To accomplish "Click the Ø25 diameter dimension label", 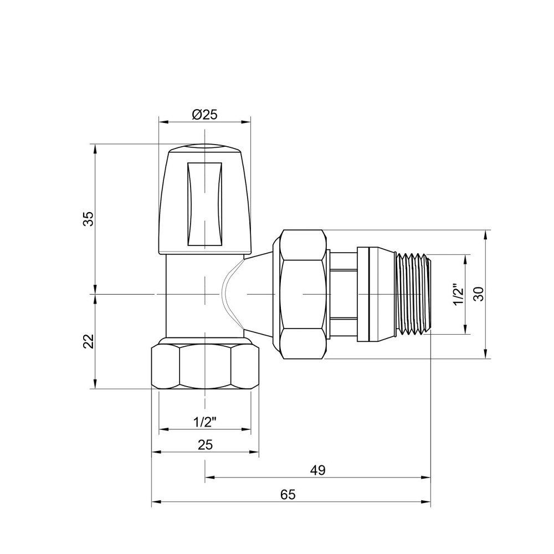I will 204,115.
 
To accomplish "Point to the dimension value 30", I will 479,294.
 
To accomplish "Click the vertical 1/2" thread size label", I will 458,295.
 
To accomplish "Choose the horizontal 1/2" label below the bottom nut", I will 204,422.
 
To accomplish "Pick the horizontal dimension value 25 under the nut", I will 205,444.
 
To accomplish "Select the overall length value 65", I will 288,495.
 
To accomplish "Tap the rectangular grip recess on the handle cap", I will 204,204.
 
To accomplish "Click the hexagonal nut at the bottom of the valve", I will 205,366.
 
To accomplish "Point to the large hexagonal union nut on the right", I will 302,295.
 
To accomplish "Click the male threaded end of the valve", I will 413,294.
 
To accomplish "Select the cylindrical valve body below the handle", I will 188,294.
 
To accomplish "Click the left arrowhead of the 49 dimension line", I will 209,477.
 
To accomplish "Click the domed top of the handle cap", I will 204,148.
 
